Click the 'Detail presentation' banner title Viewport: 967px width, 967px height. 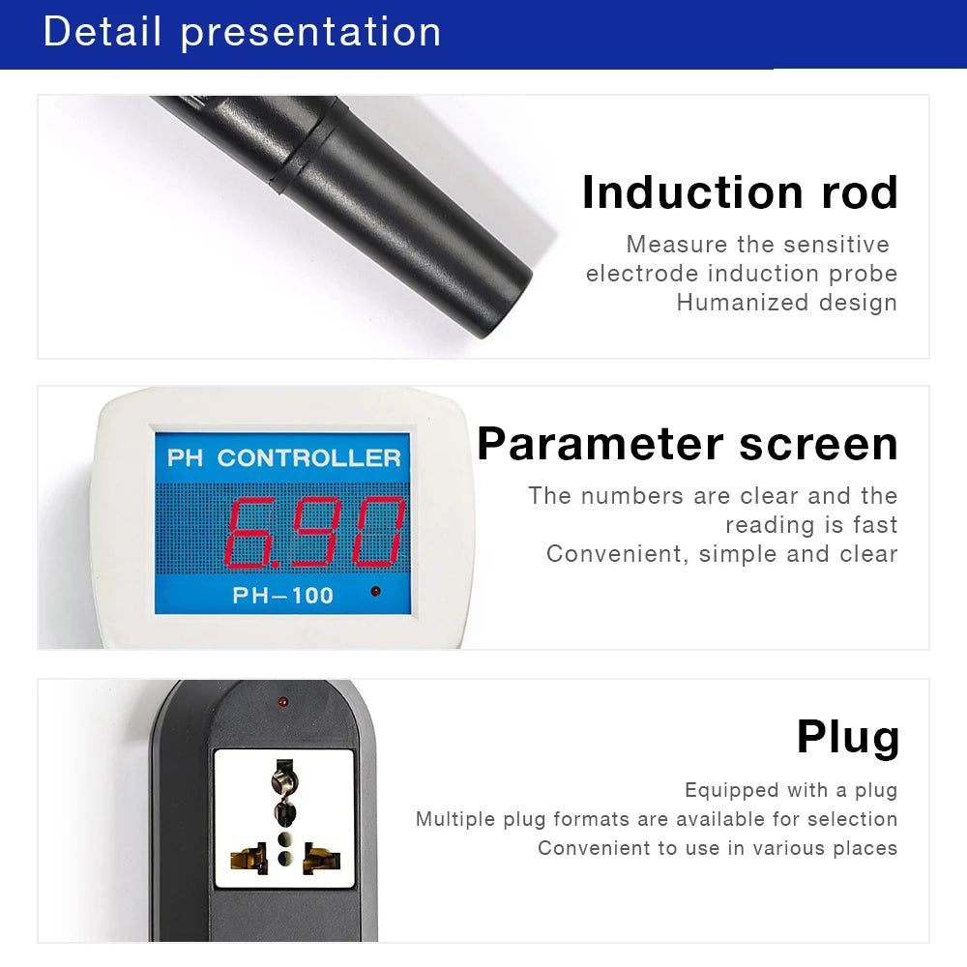point(242,32)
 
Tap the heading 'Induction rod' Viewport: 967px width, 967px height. point(740,191)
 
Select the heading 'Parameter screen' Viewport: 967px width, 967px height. point(688,444)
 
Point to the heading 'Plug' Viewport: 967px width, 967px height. point(847,737)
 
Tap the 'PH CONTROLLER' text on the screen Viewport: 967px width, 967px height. point(283,457)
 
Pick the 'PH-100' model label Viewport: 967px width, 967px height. point(282,596)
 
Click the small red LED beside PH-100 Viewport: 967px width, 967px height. point(375,591)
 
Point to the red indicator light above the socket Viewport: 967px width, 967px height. point(282,699)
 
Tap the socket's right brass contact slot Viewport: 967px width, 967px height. point(321,856)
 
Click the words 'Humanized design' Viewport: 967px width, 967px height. point(786,303)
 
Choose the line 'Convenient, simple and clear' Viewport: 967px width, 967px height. point(721,554)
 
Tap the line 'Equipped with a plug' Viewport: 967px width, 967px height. point(791,790)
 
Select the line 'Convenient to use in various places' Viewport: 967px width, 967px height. point(718,848)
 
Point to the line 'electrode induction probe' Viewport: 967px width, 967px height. point(741,274)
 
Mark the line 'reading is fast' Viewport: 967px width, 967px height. point(811,525)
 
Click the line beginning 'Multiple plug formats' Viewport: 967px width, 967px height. point(657,819)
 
